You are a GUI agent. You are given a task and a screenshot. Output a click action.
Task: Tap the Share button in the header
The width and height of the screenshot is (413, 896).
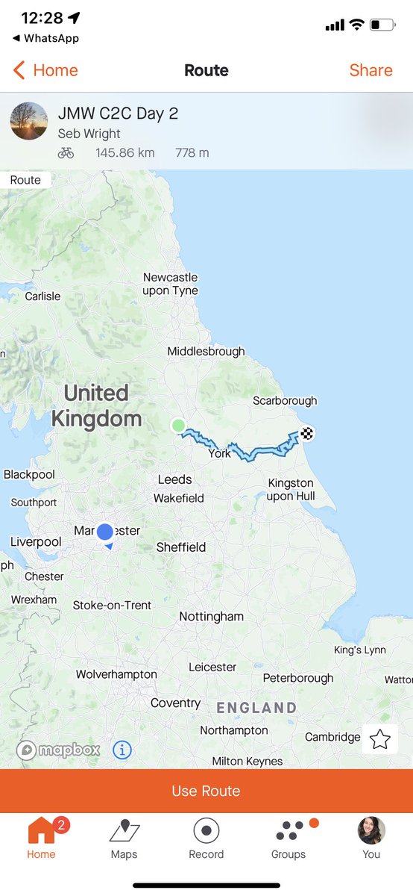pos(371,70)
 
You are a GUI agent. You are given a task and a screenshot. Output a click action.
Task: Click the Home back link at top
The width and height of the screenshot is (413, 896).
pos(46,70)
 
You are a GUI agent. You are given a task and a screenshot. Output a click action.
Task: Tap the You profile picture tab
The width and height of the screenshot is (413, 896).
pos(371,830)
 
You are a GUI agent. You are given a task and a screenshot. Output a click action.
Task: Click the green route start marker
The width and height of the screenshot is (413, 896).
pos(178,426)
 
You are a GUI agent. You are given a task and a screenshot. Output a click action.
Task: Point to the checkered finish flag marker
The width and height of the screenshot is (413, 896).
pos(307,432)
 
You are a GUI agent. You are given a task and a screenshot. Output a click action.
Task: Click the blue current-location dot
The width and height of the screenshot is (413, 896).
pos(105,531)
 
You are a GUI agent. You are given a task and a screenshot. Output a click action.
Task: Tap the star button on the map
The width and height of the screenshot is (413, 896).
pos(380,739)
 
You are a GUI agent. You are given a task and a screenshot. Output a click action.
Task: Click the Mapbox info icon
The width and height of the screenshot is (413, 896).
pos(122,750)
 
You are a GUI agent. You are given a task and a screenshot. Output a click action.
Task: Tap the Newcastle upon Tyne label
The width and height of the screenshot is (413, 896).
pos(171,284)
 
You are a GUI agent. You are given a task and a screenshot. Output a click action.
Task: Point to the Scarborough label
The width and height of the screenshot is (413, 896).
pos(285,401)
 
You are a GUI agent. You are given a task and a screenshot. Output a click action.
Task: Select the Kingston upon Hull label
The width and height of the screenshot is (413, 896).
pos(291,490)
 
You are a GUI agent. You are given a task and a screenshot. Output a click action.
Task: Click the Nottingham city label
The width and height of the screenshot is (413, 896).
pos(211,617)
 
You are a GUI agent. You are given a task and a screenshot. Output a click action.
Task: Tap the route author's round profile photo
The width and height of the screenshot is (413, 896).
pos(30,121)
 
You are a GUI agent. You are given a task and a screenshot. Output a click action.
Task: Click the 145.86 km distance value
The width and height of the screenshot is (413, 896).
pos(124,153)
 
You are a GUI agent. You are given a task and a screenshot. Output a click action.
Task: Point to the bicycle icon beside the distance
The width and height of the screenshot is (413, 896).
pos(66,153)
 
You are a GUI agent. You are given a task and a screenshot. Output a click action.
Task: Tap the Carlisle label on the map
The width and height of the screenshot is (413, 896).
pos(42,296)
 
